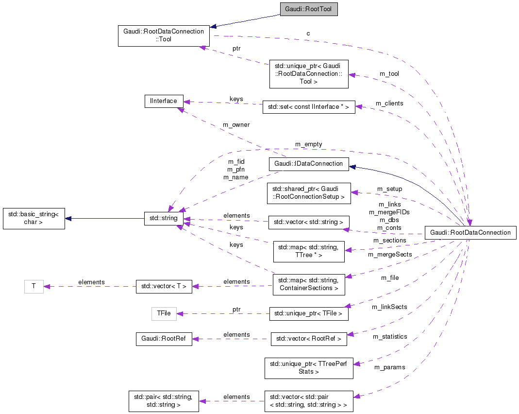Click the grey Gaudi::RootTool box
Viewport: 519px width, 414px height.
point(308,9)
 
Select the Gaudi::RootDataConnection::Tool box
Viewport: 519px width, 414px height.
point(164,35)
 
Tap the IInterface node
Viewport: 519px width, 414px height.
point(164,101)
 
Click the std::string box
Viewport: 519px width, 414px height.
point(164,219)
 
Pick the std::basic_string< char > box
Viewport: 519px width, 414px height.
point(33,219)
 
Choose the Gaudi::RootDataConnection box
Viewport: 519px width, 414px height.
point(470,233)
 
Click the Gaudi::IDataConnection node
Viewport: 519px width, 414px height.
point(309,163)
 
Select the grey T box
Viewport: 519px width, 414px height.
point(33,286)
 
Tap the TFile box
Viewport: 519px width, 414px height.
point(164,313)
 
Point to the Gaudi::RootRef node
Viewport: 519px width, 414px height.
point(164,339)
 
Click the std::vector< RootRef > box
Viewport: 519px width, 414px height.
point(308,339)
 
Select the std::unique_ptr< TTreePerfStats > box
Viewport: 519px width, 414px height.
point(308,368)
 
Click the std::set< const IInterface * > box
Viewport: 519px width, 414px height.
point(308,107)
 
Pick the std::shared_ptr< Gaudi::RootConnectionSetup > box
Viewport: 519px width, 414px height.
point(308,193)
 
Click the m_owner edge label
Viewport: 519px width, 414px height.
point(236,125)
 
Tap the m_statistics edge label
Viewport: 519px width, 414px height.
point(390,336)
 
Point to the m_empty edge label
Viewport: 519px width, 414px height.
point(308,144)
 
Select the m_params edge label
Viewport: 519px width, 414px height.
point(389,367)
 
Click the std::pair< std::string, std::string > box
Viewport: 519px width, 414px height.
point(164,401)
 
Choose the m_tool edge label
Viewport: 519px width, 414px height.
point(389,74)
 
